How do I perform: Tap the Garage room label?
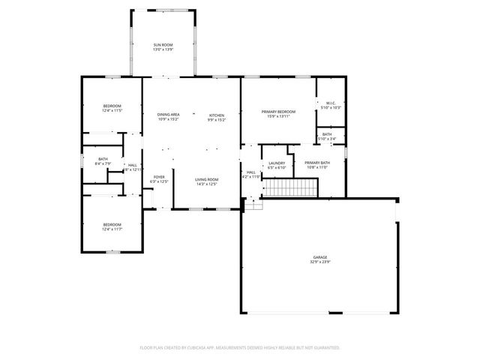tap(320, 257)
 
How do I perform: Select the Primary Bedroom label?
tap(278, 112)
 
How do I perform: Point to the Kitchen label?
tap(216, 115)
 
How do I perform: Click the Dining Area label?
tap(168, 115)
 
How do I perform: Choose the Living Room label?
tap(206, 179)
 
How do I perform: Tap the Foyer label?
tap(159, 177)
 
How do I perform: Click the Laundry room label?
tap(277, 163)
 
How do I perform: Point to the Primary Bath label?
tap(316, 163)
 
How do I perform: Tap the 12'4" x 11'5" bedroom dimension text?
tap(112, 111)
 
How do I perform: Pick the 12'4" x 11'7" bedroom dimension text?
tap(112, 229)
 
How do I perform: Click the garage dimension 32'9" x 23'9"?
tap(320, 262)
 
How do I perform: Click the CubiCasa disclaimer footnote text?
tap(240, 347)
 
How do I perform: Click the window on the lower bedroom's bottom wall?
tap(112, 252)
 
